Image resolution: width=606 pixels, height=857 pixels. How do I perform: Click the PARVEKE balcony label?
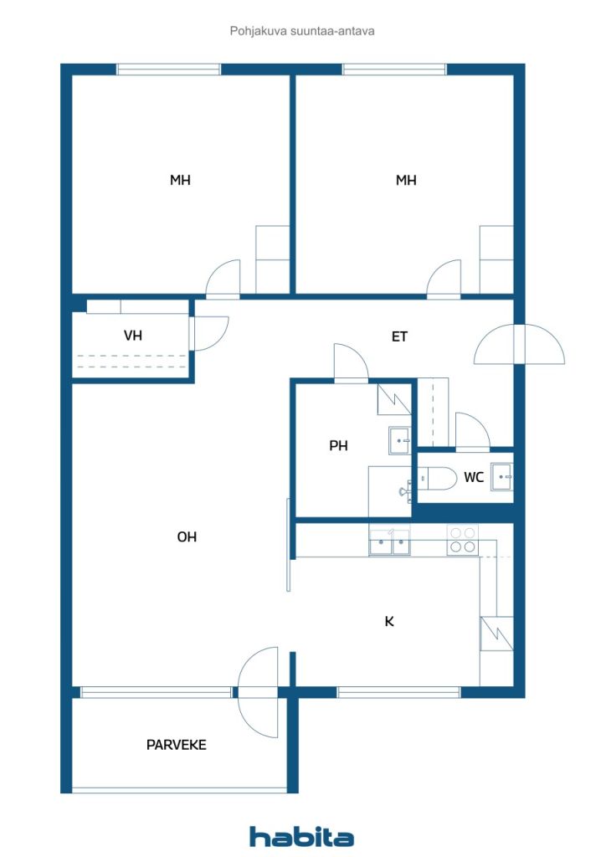(x=176, y=745)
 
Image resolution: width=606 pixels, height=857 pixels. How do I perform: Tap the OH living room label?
(x=187, y=537)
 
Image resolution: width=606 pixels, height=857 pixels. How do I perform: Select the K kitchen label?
(x=389, y=622)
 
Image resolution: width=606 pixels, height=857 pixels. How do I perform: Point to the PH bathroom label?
(x=338, y=446)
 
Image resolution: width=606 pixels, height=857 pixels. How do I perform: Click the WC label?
(x=474, y=478)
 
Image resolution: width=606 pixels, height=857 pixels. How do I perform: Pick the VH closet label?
(x=133, y=335)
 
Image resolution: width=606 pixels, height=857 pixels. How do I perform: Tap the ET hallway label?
(x=399, y=336)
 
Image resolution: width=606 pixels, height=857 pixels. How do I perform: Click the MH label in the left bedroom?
(x=180, y=180)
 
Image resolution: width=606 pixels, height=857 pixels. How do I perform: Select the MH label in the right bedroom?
(x=406, y=180)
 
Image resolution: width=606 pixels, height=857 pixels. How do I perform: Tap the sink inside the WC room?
(x=501, y=476)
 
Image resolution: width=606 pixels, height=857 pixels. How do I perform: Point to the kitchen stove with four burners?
(x=462, y=540)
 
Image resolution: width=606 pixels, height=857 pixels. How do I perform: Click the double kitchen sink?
(x=389, y=542)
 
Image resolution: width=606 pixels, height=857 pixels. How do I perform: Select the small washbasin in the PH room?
(x=400, y=440)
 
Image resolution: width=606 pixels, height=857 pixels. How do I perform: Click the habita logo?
(x=301, y=837)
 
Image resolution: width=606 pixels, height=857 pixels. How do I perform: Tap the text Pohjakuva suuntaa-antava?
(x=302, y=31)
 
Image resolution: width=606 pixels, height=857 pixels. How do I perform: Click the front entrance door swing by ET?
(x=519, y=344)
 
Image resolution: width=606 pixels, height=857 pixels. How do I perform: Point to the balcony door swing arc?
(x=258, y=692)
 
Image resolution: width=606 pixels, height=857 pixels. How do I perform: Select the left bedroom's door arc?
(x=223, y=278)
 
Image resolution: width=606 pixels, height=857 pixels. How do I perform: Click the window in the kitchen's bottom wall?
(x=399, y=692)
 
